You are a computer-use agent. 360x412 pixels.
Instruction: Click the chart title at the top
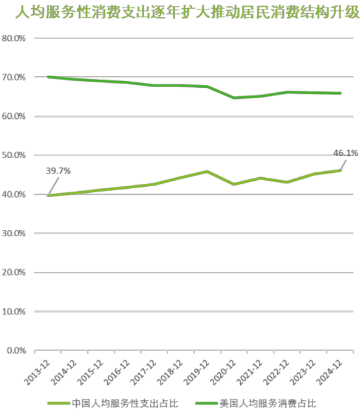click(x=179, y=12)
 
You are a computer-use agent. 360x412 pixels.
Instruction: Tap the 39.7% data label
click(x=58, y=171)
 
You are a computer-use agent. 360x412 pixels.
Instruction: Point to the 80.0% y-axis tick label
click(x=15, y=38)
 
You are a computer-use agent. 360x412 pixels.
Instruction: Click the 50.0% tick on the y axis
click(x=15, y=155)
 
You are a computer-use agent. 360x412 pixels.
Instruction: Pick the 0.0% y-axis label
click(x=17, y=350)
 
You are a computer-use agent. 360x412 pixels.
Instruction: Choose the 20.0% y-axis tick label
click(x=15, y=272)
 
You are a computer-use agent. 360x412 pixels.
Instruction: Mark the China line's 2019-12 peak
click(x=207, y=171)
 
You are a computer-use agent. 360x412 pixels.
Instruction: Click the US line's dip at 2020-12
click(x=234, y=98)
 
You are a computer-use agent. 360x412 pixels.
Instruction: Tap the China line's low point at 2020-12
click(x=234, y=184)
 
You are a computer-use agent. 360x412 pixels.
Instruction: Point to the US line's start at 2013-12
click(x=47, y=77)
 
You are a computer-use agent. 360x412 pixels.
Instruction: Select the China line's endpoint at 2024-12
click(x=340, y=170)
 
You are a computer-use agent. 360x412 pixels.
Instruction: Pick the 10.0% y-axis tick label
click(x=15, y=311)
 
